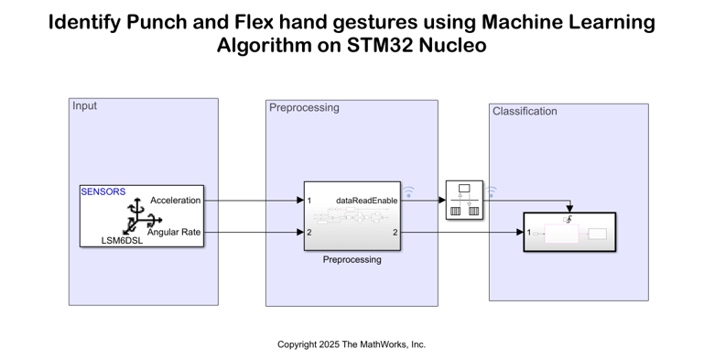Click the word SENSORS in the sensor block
click(x=103, y=192)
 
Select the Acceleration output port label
click(x=175, y=200)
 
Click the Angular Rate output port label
click(x=174, y=232)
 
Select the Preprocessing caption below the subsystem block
click(x=352, y=259)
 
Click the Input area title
click(x=84, y=106)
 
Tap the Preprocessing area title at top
click(x=304, y=108)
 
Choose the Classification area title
click(x=525, y=112)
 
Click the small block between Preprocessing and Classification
click(x=463, y=200)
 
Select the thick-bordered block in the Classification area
click(x=569, y=233)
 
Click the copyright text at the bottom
click(x=352, y=344)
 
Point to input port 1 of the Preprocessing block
click(x=309, y=200)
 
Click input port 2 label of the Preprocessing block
click(x=309, y=233)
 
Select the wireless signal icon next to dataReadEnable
click(x=409, y=192)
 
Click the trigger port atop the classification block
click(x=569, y=218)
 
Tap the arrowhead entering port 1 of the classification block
click(x=519, y=233)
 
